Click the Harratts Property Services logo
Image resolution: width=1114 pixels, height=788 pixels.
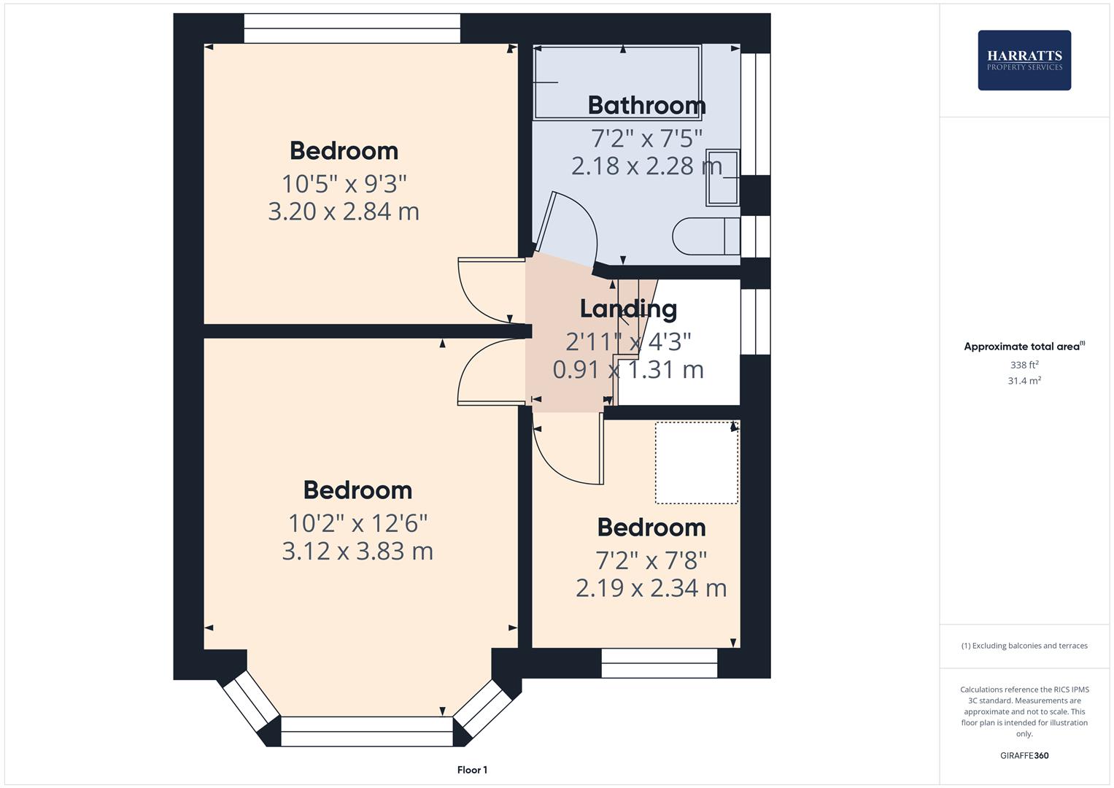[x=1024, y=60]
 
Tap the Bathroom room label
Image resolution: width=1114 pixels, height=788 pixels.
[x=646, y=106]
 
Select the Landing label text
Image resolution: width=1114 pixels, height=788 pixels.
[x=628, y=309]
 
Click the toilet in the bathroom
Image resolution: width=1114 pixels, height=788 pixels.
[x=705, y=236]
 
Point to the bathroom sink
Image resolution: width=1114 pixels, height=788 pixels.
[x=722, y=177]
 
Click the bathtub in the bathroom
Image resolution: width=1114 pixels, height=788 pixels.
[x=617, y=82]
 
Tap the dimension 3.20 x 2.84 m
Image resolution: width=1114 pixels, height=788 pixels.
[x=344, y=212]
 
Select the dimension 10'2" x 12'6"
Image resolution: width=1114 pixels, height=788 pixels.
[x=357, y=523]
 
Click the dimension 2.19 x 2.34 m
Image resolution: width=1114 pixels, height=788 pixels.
[x=651, y=588]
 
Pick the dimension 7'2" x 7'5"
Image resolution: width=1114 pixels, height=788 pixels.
[x=646, y=137]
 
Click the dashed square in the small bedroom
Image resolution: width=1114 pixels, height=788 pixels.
[x=696, y=463]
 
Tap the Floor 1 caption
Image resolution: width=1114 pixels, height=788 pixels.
[x=472, y=770]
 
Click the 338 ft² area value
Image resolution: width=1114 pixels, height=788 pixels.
[x=1024, y=365]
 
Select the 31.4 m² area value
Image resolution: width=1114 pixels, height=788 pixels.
[x=1024, y=381]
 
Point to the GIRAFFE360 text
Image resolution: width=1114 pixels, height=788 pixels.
[x=1024, y=755]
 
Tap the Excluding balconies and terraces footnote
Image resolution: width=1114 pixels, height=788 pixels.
[x=1024, y=646]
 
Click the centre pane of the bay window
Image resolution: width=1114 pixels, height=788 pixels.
[x=366, y=730]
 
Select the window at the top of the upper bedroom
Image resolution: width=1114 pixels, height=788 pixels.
[x=352, y=28]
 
